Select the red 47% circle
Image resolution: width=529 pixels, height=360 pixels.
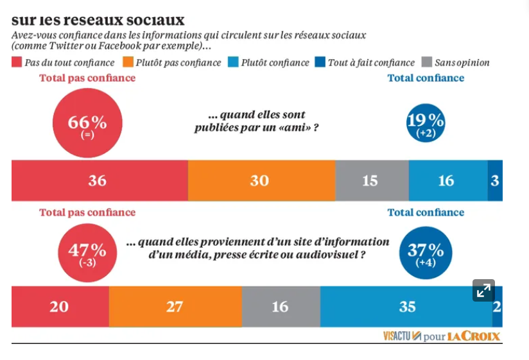coord(87,253)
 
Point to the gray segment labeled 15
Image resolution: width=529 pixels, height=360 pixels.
coord(372,181)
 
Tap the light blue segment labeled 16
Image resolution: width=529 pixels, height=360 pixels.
coord(447,181)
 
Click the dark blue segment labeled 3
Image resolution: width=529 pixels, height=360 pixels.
coord(495,181)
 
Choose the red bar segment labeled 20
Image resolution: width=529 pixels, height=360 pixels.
coord(60,307)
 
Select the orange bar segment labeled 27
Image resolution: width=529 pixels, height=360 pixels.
coord(175,307)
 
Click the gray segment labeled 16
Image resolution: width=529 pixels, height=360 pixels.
coord(281,307)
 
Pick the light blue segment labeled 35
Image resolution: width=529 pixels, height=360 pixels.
coord(406,307)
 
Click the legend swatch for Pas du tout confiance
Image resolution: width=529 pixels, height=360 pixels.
coord(17,63)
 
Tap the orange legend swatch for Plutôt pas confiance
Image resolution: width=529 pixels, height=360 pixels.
coord(127,63)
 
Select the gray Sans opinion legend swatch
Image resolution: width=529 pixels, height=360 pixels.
coord(426,63)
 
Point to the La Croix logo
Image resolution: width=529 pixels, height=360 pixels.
coord(474,336)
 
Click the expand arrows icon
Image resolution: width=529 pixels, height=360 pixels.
coord(483,290)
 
